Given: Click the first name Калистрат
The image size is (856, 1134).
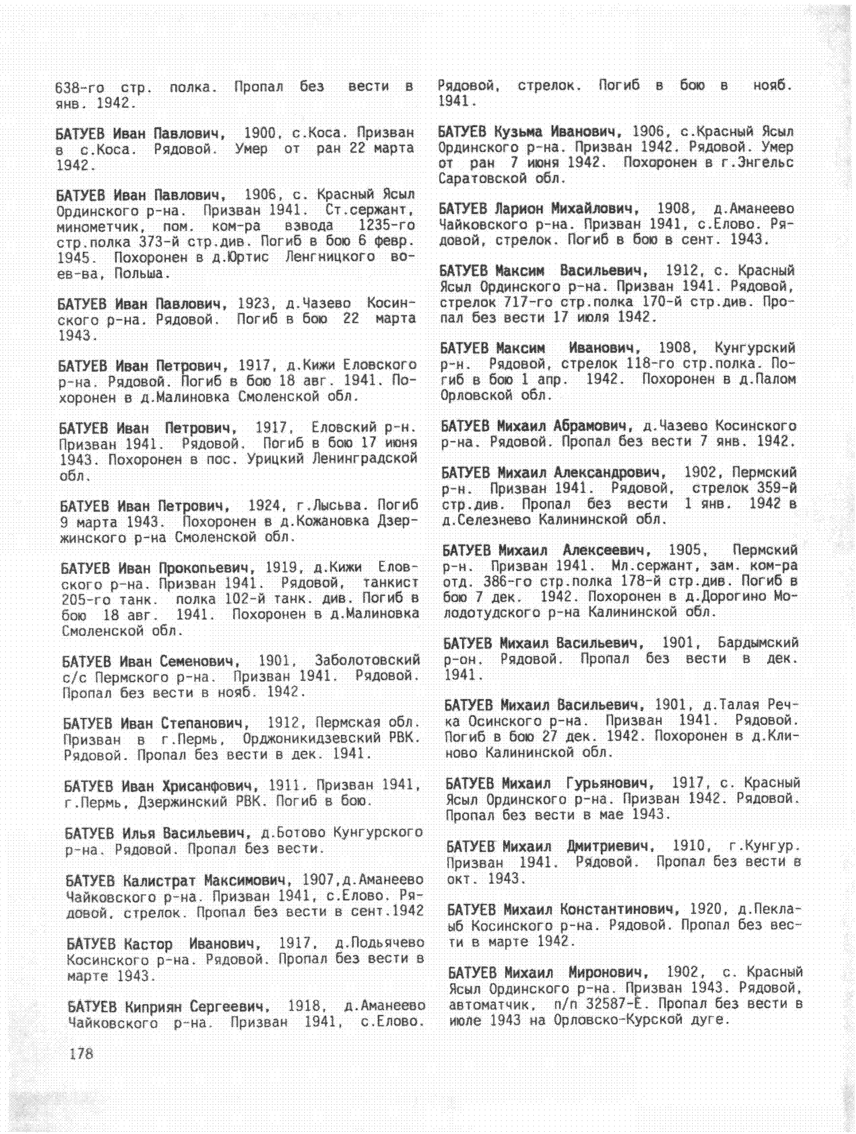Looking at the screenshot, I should [x=159, y=881].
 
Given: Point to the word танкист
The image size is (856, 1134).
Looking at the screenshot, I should [x=390, y=583].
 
